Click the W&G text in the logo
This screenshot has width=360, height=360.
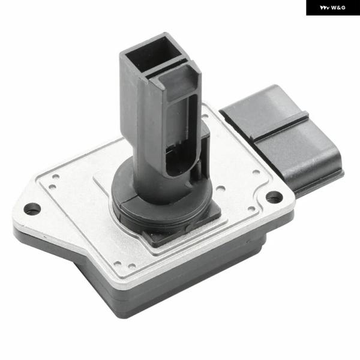pyautogui.click(x=338, y=8)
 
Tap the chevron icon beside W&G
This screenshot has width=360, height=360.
pyautogui.click(x=325, y=8)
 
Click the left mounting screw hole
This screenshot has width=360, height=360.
pyautogui.click(x=32, y=209)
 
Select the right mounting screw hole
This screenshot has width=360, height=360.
pyautogui.click(x=274, y=197)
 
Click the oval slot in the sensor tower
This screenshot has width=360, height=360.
pyautogui.click(x=181, y=136)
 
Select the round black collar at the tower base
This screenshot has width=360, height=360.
pyautogui.click(x=161, y=206)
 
